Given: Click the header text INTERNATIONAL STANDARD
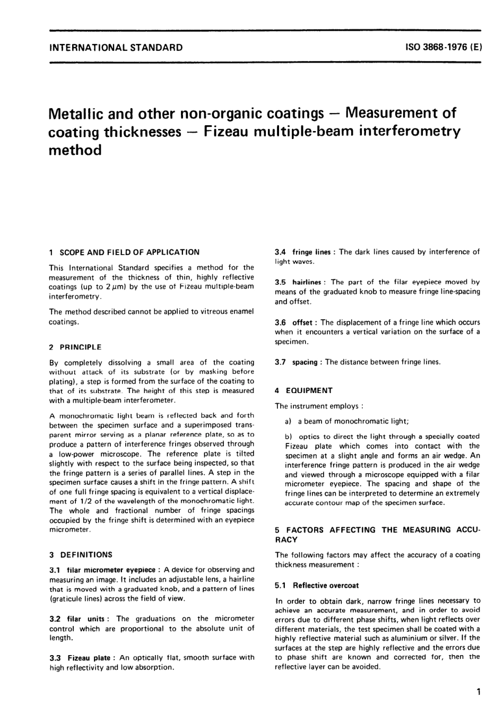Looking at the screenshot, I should [x=116, y=47].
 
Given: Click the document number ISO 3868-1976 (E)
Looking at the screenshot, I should [x=443, y=47].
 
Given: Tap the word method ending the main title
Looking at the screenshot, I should [x=75, y=150].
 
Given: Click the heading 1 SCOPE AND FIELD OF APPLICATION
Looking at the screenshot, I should [x=124, y=252].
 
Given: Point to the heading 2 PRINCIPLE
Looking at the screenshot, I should [x=75, y=347].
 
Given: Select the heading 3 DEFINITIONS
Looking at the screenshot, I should [x=81, y=555].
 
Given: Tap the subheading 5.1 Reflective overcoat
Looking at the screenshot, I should [x=317, y=586].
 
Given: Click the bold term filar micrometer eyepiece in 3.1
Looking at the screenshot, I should [x=111, y=570].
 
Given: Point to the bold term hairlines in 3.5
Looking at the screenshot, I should [x=307, y=282].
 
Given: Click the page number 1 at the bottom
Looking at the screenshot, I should [x=479, y=692].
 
